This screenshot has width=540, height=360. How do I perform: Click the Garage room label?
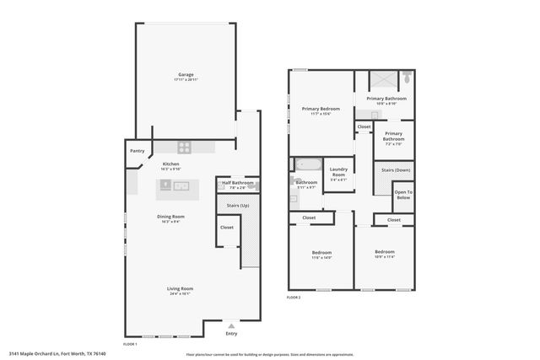point(185,75)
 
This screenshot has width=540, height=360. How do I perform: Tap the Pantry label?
point(137,151)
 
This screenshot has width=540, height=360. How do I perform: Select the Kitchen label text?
point(170,164)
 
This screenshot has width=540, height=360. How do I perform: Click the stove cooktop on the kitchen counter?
point(184,147)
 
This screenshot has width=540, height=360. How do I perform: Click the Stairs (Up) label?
point(239,205)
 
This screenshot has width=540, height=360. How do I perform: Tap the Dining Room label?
point(170,217)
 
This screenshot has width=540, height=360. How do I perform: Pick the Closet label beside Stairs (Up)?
point(227,227)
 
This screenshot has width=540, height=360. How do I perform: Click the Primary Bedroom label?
point(320,109)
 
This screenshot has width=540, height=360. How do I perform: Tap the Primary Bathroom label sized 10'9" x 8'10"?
point(387,99)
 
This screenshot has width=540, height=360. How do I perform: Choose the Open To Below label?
point(404,195)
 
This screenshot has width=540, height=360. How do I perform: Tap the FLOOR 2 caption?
point(294,298)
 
